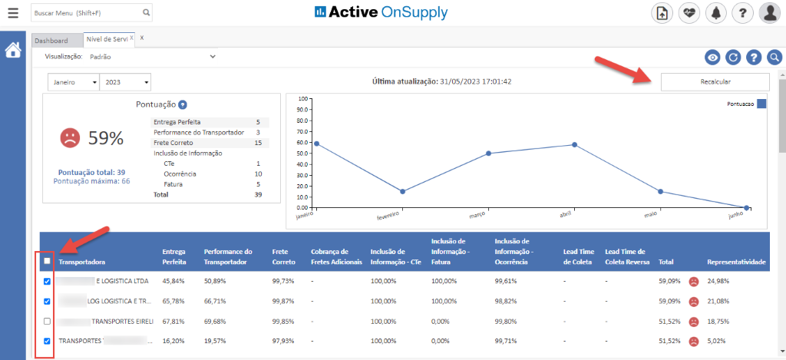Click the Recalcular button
tap(715, 82)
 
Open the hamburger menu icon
tap(13, 13)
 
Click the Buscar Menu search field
tap(85, 13)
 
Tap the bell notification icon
tap(716, 13)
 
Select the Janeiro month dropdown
tap(73, 82)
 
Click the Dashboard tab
tap(51, 41)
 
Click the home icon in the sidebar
tap(13, 51)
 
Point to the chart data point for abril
tap(574, 144)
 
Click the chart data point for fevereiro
tap(402, 191)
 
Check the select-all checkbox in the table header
tap(48, 261)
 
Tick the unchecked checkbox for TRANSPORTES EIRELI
tap(48, 321)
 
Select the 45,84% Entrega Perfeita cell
tap(174, 282)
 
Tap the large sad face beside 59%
tap(70, 137)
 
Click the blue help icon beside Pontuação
tap(183, 105)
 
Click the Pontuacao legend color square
tap(761, 104)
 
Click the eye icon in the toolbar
tap(713, 57)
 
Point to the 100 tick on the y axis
tap(302, 99)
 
